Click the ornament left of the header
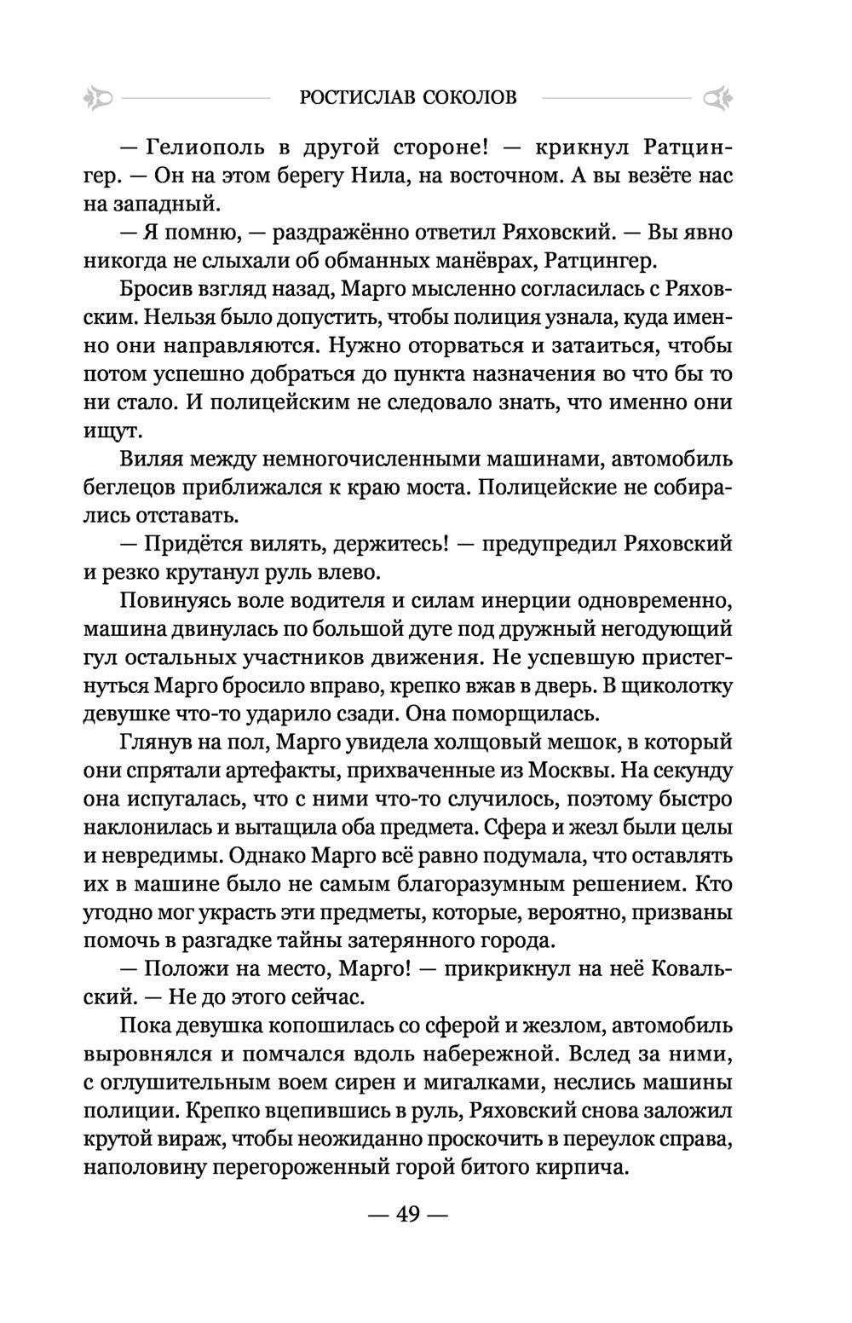99,100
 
